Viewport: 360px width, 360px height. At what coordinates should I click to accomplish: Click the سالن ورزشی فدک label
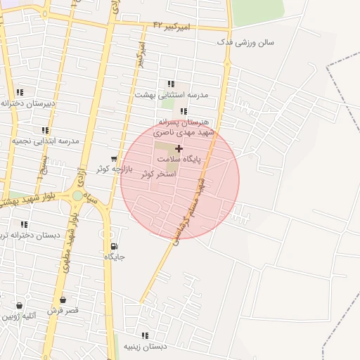click(x=245, y=43)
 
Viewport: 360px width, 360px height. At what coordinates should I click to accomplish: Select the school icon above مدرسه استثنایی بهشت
click(x=171, y=84)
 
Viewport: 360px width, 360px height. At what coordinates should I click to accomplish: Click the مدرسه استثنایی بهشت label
click(x=172, y=94)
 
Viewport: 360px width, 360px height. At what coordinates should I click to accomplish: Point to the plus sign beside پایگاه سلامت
click(x=179, y=148)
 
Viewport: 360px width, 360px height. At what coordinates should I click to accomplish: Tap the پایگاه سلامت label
click(x=179, y=160)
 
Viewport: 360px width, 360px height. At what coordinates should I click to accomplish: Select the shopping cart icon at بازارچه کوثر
click(x=114, y=159)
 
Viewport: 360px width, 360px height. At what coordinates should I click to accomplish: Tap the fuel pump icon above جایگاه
click(x=114, y=246)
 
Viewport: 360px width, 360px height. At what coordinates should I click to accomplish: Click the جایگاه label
click(x=115, y=257)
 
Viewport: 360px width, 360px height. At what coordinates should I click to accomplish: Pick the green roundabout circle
click(x=77, y=195)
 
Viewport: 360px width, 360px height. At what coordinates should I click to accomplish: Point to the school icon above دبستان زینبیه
click(x=145, y=335)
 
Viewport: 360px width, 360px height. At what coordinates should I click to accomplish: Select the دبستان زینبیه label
click(x=146, y=346)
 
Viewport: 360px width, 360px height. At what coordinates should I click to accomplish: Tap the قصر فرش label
click(x=63, y=310)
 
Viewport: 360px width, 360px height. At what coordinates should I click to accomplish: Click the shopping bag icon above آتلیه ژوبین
click(x=18, y=306)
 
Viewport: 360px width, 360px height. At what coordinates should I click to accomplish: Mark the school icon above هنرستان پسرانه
click(x=184, y=111)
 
